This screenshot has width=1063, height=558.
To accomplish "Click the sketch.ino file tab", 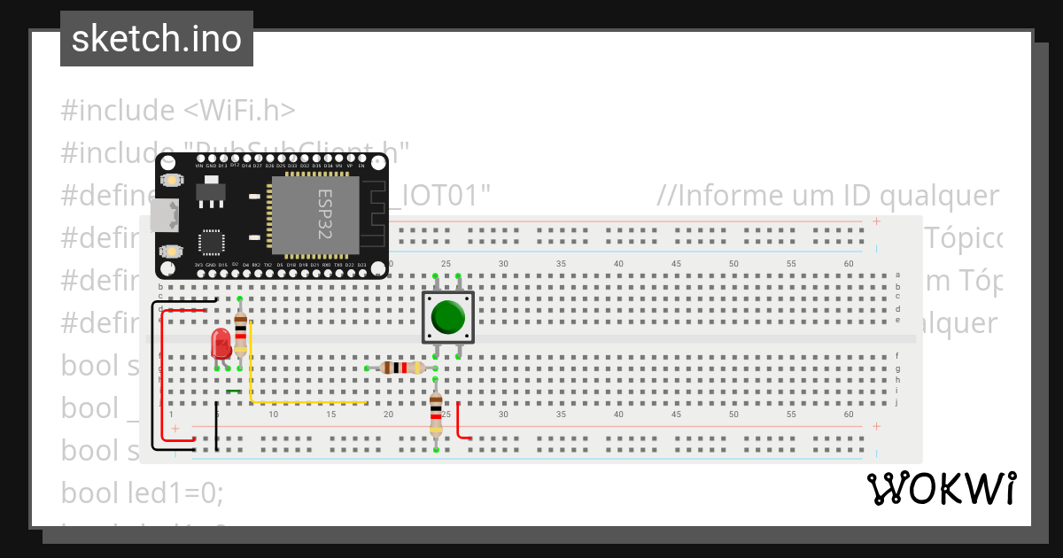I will tap(157, 39).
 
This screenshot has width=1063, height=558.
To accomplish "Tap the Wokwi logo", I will tap(941, 489).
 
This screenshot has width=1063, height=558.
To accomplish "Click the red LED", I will tap(221, 344).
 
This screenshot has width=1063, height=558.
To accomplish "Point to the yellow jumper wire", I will tap(252, 372).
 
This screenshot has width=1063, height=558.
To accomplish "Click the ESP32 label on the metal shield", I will tap(325, 213).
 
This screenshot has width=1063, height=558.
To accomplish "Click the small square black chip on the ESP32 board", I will tap(212, 244).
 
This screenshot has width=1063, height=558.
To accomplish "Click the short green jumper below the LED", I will tap(234, 391).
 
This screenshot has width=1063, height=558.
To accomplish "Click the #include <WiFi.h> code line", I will tap(178, 111).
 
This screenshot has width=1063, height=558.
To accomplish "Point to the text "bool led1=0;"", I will tap(143, 492).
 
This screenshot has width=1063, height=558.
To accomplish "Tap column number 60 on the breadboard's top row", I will tap(849, 264).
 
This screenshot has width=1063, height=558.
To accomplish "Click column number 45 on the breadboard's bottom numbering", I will tap(676, 415).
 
